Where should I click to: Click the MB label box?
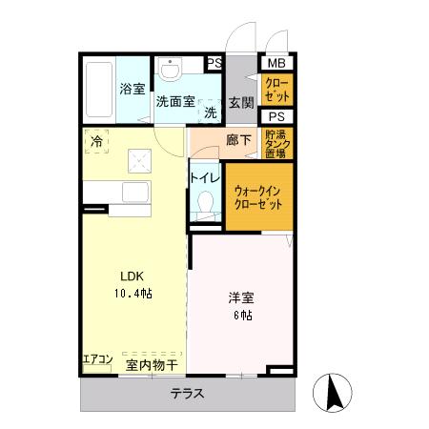[276, 63]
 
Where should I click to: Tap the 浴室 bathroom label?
[133, 89]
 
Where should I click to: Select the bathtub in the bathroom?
[99, 90]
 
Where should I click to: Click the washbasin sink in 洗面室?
[171, 69]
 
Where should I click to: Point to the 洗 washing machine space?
[210, 111]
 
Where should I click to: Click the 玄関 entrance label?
[241, 103]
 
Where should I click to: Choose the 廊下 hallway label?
[238, 140]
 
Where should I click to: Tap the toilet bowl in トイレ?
[205, 201]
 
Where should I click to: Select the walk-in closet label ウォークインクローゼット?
[257, 197]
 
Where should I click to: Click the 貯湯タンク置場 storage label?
[277, 144]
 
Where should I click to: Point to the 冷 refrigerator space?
[96, 141]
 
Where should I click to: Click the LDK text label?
[132, 276]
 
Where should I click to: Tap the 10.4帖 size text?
[133, 293]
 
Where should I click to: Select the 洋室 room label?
[241, 297]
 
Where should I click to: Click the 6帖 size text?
[243, 315]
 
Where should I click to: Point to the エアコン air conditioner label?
[97, 359]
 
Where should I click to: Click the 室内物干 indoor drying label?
[152, 365]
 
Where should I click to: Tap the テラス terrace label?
[188, 394]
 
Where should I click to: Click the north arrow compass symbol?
[333, 393]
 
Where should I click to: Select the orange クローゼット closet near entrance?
[276, 90]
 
